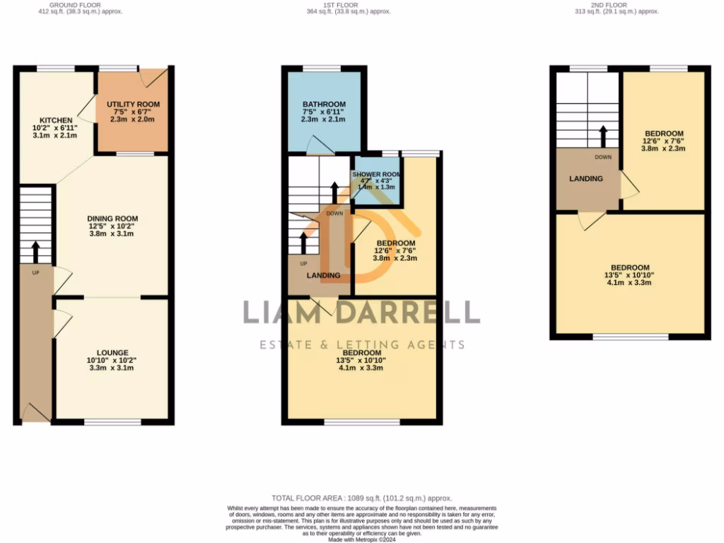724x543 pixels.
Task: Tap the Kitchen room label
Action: (54, 120)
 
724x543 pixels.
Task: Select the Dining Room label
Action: (112, 218)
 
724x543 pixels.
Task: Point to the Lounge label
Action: (112, 352)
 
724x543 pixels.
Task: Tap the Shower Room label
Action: (377, 175)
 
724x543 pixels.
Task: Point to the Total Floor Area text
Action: (361, 498)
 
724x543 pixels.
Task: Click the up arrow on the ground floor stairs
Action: (35, 251)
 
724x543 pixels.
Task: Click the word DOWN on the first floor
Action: (334, 213)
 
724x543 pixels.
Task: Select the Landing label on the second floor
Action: (586, 179)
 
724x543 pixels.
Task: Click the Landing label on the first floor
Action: (323, 275)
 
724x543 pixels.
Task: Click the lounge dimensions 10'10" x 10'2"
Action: (112, 361)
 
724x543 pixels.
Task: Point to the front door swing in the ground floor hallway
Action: (34, 411)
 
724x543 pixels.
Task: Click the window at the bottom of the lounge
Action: (112, 422)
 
